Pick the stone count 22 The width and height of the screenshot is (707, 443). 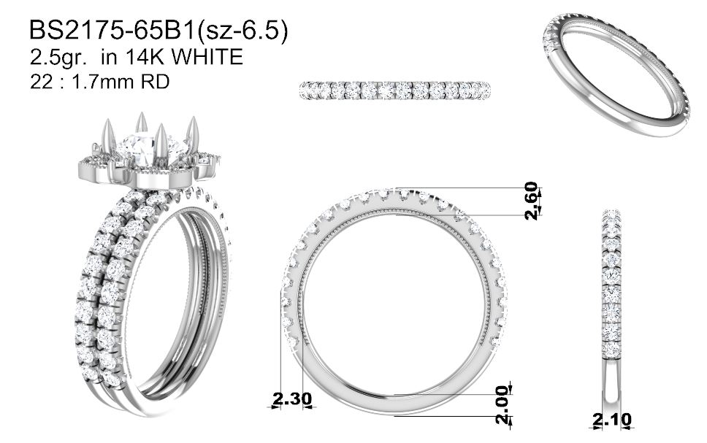pyautogui.click(x=39, y=82)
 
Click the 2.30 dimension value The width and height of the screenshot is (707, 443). pyautogui.click(x=292, y=398)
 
